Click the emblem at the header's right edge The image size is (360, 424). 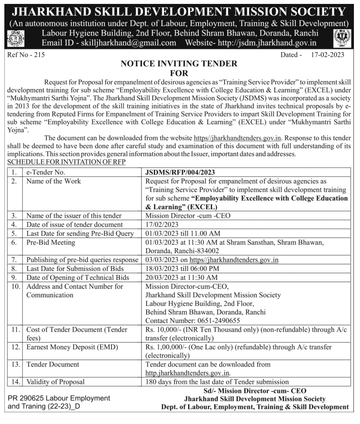342,38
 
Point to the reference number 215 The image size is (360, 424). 27,55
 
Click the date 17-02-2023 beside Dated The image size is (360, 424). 328,55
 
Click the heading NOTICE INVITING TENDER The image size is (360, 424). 179,64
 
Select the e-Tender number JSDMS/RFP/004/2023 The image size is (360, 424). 180,172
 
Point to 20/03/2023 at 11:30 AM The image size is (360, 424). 182,277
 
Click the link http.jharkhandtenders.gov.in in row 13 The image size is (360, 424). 188,373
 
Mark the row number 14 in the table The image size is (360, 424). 16,382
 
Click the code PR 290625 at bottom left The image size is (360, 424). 27,398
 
